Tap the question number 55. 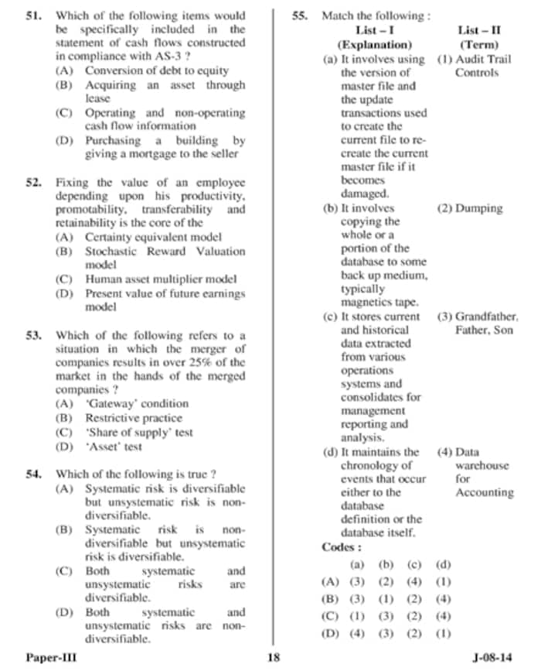click(x=301, y=15)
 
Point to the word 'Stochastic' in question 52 click(x=114, y=252)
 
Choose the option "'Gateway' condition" click(x=136, y=404)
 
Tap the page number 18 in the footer click(x=272, y=658)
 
